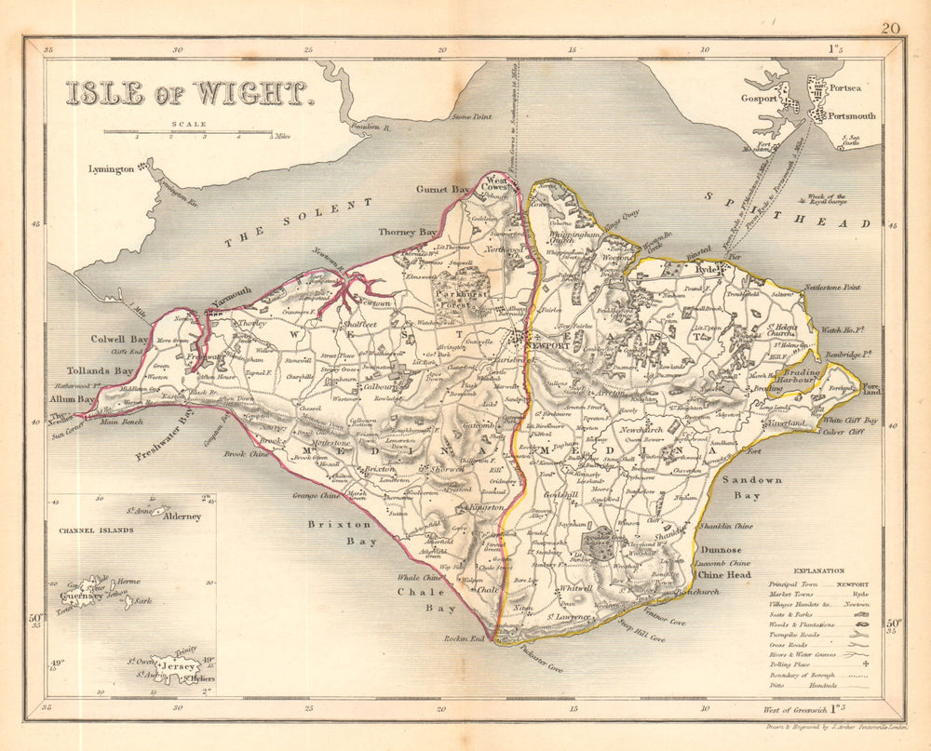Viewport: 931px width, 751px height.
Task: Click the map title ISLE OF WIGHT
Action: tap(186, 93)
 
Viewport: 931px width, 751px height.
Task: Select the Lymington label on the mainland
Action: tap(110, 169)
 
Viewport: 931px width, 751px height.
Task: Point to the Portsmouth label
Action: tap(846, 116)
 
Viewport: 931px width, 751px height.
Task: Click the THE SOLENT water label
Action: tap(298, 222)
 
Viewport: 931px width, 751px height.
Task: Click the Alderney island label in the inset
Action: tap(182, 516)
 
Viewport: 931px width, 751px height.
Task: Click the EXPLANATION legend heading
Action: tap(819, 570)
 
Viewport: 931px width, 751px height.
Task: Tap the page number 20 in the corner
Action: tap(891, 29)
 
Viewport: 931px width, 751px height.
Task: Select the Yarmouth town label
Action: tap(230, 298)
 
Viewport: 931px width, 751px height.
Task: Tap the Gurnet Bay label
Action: tap(447, 189)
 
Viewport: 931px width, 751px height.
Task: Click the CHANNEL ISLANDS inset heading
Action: tap(95, 530)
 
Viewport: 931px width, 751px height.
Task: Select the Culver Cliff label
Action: tap(845, 432)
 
